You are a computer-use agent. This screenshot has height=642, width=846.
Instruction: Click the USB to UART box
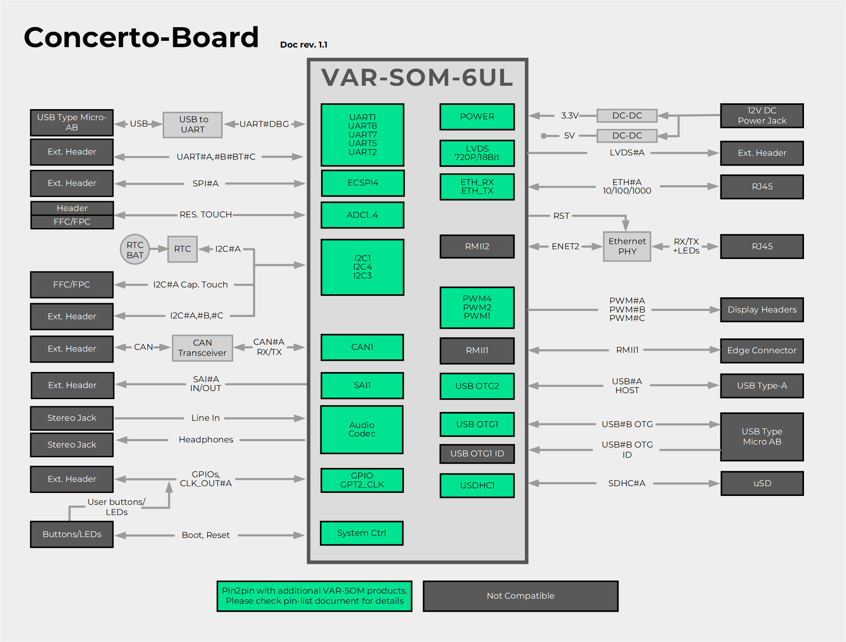193,124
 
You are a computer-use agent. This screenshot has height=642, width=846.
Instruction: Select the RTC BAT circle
135,250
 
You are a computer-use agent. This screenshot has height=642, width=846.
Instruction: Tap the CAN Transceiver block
202,348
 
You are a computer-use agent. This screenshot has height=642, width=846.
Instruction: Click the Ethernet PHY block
627,246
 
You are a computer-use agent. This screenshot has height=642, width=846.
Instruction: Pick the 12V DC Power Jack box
762,115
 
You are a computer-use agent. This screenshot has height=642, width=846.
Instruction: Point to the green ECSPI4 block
363,183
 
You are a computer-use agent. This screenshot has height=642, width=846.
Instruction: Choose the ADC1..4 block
362,215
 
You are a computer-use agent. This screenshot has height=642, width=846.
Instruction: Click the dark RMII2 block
477,246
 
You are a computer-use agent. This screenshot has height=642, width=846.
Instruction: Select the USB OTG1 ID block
477,453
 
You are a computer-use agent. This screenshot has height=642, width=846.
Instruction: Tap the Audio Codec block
362,429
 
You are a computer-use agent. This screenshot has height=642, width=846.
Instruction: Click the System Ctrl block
361,533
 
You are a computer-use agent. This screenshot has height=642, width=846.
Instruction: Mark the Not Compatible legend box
520,596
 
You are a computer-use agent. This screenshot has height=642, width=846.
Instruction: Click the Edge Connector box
762,350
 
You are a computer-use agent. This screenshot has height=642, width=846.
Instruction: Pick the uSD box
762,483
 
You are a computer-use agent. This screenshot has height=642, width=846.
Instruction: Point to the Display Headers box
762,310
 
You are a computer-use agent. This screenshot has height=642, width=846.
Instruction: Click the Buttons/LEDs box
72,534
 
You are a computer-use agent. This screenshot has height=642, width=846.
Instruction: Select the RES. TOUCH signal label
205,214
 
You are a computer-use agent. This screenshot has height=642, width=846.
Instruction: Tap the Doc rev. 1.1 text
304,45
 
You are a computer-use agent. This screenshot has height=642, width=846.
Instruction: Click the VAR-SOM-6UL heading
417,77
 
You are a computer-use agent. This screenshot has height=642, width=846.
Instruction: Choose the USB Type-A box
762,386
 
